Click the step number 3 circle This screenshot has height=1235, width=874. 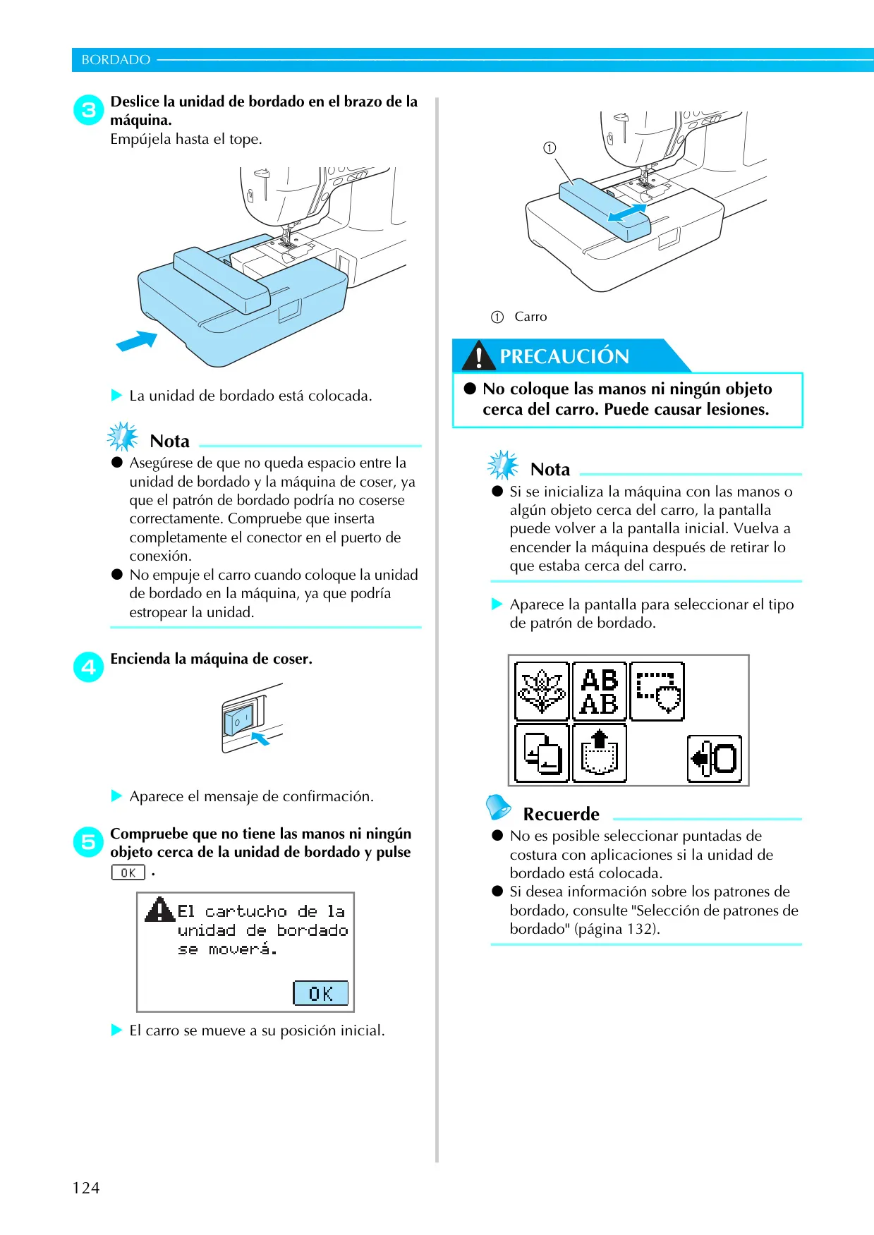click(89, 110)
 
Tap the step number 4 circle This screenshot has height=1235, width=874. click(89, 667)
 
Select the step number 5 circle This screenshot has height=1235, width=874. click(89, 842)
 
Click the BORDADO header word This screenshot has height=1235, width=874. click(116, 60)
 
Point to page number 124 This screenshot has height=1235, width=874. click(86, 1188)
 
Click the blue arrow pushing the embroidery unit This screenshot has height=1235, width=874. click(137, 341)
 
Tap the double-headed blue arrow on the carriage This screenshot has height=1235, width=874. click(626, 213)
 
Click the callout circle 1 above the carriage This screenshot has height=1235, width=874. click(550, 147)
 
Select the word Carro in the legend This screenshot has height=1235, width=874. click(530, 317)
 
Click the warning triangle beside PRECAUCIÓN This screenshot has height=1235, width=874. click(479, 355)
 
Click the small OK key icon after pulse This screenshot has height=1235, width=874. click(128, 872)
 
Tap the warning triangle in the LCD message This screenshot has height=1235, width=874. click(160, 909)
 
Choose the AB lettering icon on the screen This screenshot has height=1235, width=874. click(600, 691)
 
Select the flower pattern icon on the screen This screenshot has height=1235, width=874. click(542, 691)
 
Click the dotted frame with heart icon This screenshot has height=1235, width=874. click(657, 691)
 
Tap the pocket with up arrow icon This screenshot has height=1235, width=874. click(600, 753)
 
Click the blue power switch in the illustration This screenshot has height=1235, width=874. click(238, 720)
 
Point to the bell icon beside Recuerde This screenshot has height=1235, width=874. click(498, 808)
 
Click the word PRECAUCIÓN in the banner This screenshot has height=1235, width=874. click(564, 356)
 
